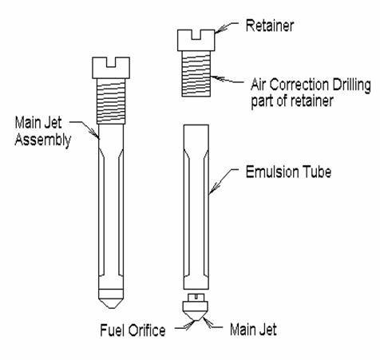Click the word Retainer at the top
[270, 26]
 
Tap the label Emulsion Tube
[288, 172]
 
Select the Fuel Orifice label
[133, 330]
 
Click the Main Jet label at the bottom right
[253, 330]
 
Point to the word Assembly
[43, 140]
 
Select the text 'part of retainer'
[292, 101]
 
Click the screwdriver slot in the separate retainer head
[196, 35]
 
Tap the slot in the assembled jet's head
[111, 62]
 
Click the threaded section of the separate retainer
[196, 73]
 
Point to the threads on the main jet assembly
[111, 101]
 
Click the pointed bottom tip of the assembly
[111, 308]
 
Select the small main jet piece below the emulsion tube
[196, 307]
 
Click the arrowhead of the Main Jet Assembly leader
[95, 133]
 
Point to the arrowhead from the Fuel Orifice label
[191, 325]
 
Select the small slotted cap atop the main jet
[196, 297]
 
